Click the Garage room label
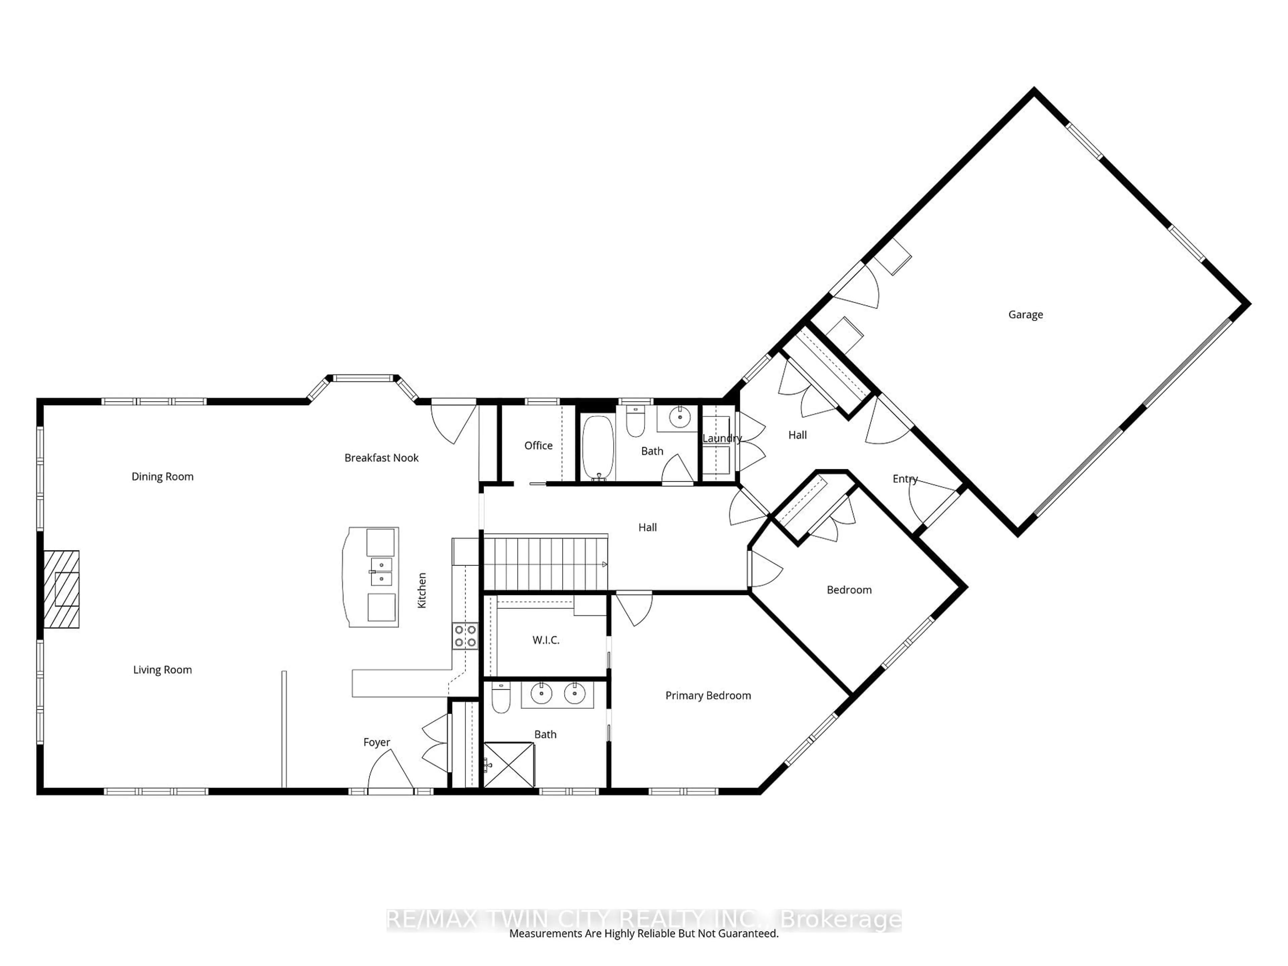click(x=1025, y=314)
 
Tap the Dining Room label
click(x=162, y=476)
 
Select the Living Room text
click(x=162, y=669)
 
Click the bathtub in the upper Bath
click(x=598, y=447)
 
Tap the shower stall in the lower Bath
click(x=509, y=764)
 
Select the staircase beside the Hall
click(x=546, y=563)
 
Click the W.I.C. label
click(x=546, y=640)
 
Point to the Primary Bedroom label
click(x=708, y=695)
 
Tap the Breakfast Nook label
click(x=381, y=458)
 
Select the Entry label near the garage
click(x=905, y=479)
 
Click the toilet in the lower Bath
click(x=501, y=699)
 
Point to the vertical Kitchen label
click(x=422, y=590)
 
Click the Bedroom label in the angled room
click(x=849, y=590)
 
